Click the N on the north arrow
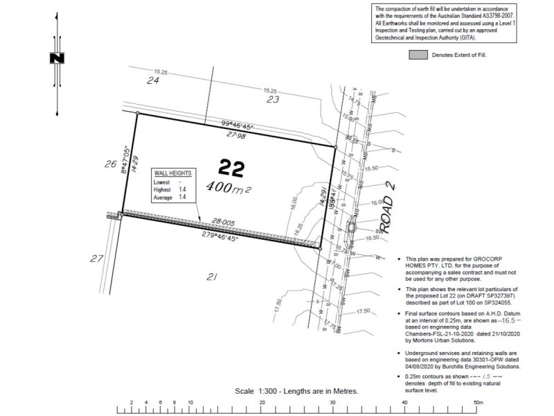click(x=57, y=58)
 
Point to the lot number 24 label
click(x=153, y=81)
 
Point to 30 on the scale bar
click(x=333, y=402)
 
